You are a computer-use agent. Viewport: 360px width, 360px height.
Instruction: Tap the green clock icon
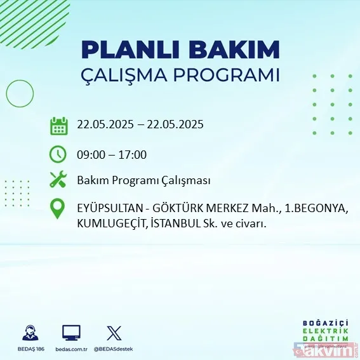click(58, 154)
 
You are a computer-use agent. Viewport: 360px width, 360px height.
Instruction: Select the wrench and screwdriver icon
click(58, 180)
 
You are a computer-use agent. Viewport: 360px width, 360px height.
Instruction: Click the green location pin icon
click(58, 210)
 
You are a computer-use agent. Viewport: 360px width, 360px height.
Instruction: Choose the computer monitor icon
click(71, 333)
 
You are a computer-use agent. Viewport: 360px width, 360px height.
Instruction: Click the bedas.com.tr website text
click(71, 349)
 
